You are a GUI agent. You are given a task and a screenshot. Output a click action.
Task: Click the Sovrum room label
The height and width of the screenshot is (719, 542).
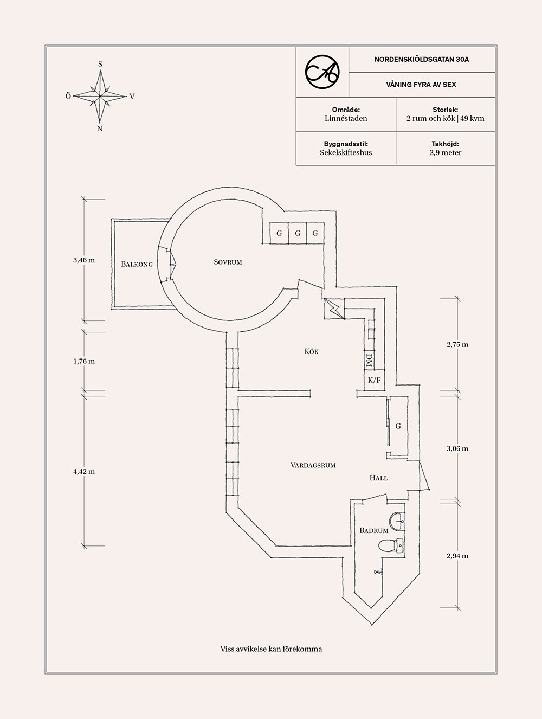coord(228,262)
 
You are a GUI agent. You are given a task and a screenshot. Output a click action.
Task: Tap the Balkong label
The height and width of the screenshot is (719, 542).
coord(137,264)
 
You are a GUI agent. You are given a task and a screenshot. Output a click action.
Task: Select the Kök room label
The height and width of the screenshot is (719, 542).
coord(311,351)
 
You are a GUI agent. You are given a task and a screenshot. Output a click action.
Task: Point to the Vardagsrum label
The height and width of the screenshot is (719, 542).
coord(313,465)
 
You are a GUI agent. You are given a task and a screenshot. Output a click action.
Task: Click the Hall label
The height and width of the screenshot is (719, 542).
coord(378,478)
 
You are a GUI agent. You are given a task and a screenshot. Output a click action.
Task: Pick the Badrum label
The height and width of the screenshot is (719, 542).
coord(374,530)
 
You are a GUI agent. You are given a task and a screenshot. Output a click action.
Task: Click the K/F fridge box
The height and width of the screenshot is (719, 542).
coord(374,380)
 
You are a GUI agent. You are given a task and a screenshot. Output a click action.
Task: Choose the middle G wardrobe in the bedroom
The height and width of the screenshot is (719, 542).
coord(297,234)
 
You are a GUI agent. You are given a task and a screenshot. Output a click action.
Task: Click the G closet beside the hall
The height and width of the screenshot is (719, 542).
coord(398,426)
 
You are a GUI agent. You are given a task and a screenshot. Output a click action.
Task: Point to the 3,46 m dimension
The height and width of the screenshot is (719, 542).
coord(84,260)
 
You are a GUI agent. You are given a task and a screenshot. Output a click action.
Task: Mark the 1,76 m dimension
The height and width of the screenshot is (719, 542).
coord(84,361)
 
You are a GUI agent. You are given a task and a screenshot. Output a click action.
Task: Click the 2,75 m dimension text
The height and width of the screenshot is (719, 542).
coord(457,344)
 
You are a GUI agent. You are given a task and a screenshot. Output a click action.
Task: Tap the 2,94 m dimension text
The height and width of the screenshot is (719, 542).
coord(457,556)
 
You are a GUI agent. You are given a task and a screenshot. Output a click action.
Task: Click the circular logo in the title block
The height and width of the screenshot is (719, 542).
coord(322,71)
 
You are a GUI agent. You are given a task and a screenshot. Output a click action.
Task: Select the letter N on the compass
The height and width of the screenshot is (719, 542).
coord(100,129)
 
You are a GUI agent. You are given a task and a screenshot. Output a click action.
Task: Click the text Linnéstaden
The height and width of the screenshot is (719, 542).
coord(346,118)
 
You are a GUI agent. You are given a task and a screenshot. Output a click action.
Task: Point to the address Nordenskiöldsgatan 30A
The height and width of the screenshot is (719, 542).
coord(421,60)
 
